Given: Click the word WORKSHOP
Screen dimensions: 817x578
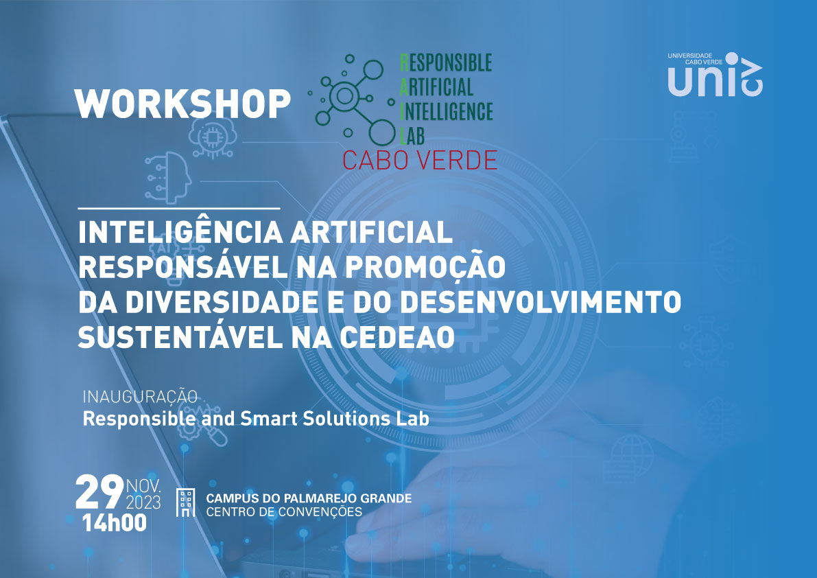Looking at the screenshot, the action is click(182, 103).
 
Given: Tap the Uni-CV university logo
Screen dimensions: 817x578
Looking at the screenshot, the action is click(715, 75).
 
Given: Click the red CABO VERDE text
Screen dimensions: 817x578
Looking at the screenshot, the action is click(419, 160).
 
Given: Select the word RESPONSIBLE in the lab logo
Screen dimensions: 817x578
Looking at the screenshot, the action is click(446, 62).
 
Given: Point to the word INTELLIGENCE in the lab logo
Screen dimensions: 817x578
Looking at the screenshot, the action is click(447, 111).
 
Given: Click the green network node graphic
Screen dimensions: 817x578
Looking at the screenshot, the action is click(353, 99).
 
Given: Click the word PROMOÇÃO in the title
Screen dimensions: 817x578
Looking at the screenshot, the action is click(425, 267).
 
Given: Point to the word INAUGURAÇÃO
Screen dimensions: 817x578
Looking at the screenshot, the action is click(140, 397).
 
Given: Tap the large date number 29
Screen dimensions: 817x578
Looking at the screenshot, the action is click(99, 492).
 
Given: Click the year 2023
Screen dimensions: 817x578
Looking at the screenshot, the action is click(143, 502).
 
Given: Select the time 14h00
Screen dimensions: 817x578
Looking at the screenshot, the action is click(115, 523).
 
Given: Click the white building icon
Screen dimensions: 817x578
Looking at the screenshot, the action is click(185, 503).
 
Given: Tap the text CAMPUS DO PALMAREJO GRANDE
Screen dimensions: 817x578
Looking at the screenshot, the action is click(309, 498).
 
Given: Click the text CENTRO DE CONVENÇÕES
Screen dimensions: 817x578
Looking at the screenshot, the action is click(284, 512).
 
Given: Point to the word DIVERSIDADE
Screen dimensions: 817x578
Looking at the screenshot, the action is click(222, 302).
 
